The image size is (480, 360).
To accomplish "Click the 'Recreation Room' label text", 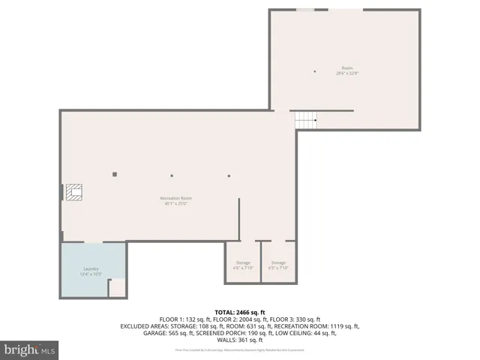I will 171,198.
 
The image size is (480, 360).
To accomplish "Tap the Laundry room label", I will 91,268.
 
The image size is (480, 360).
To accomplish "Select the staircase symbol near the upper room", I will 305,119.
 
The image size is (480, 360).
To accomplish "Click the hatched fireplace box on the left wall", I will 73,193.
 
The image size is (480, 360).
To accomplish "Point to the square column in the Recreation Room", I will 115,174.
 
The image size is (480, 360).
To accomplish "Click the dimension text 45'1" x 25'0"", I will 171,202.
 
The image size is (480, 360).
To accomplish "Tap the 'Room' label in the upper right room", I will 346,68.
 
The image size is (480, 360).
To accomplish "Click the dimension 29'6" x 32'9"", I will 346,73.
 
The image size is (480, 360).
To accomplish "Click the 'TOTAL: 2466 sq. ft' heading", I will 240,311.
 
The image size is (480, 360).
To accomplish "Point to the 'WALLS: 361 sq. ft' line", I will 240,340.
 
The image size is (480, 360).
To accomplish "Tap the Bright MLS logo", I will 30,350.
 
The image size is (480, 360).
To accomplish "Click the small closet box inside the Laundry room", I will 117,288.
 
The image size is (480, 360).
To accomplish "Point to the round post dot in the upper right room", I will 315,71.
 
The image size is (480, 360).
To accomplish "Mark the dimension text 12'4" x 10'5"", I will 91,274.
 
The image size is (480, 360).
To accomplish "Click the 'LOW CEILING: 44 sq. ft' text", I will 299,333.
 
